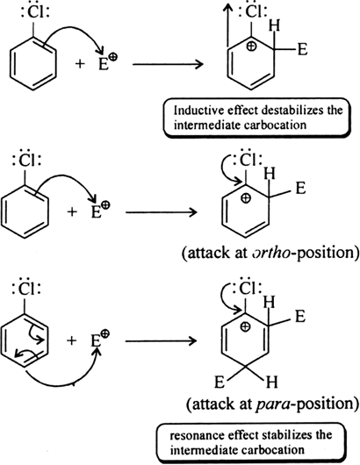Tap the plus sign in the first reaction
click(80, 63)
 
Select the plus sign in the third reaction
click(71, 340)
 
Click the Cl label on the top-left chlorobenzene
click(35, 13)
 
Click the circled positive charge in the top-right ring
click(251, 46)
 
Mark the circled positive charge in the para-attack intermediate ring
click(245, 326)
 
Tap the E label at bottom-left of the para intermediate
click(220, 383)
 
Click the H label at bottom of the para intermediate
click(271, 382)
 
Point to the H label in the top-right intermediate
click(275, 25)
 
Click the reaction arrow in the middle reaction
click(162, 212)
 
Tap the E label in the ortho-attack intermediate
click(300, 188)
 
